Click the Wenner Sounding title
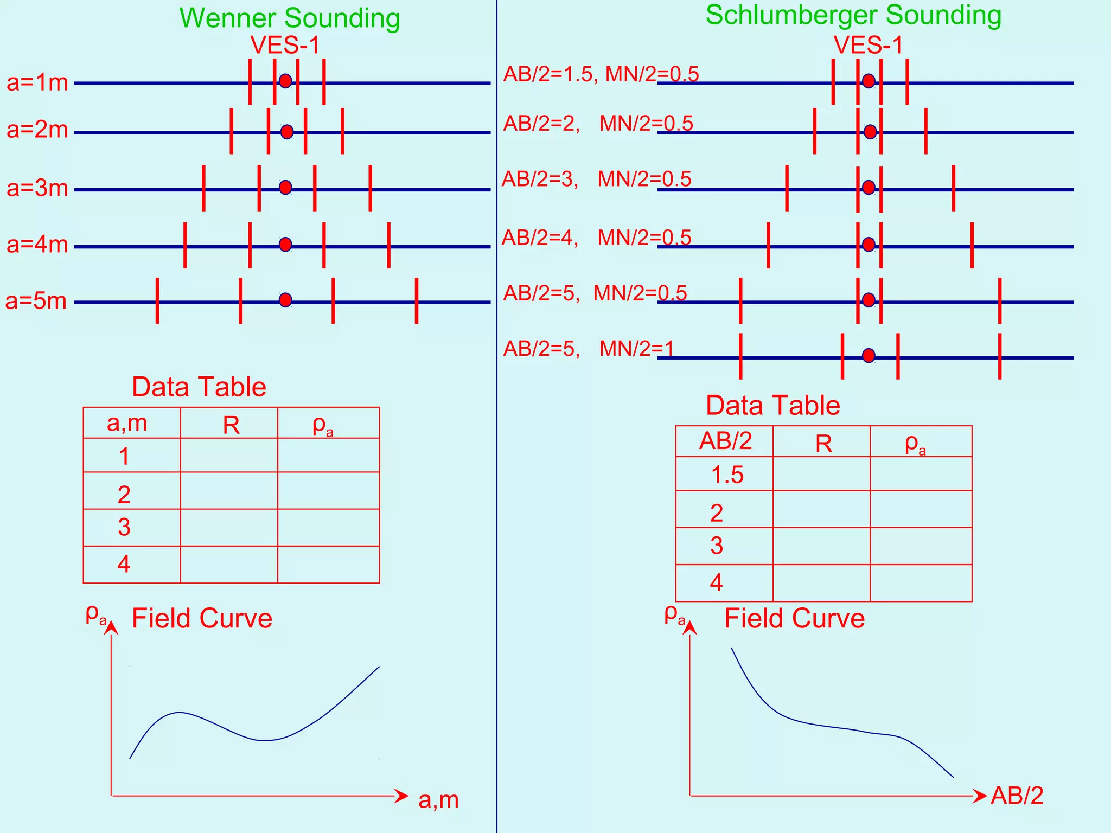coord(290,18)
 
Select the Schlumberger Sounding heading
coord(853,15)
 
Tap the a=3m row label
coord(37,188)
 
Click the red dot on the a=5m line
coord(285,300)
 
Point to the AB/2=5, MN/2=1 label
coord(588,348)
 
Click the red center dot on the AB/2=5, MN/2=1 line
coord(869,356)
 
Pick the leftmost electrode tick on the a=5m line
coord(157,301)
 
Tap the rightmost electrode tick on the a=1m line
coord(324,81)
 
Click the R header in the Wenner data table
coord(231,426)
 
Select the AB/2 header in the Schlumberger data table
coord(725,441)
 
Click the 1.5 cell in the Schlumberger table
coord(727,475)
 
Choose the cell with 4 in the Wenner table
coord(124,565)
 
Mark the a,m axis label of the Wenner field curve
coord(438,800)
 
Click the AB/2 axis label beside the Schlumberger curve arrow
coord(1017,796)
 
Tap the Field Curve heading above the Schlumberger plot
coord(794,618)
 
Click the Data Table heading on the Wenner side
coord(199,387)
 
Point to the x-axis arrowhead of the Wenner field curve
coord(401,796)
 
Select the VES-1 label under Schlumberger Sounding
coord(868,45)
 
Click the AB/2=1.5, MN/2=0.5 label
coord(601,74)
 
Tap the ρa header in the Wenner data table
coord(323,426)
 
